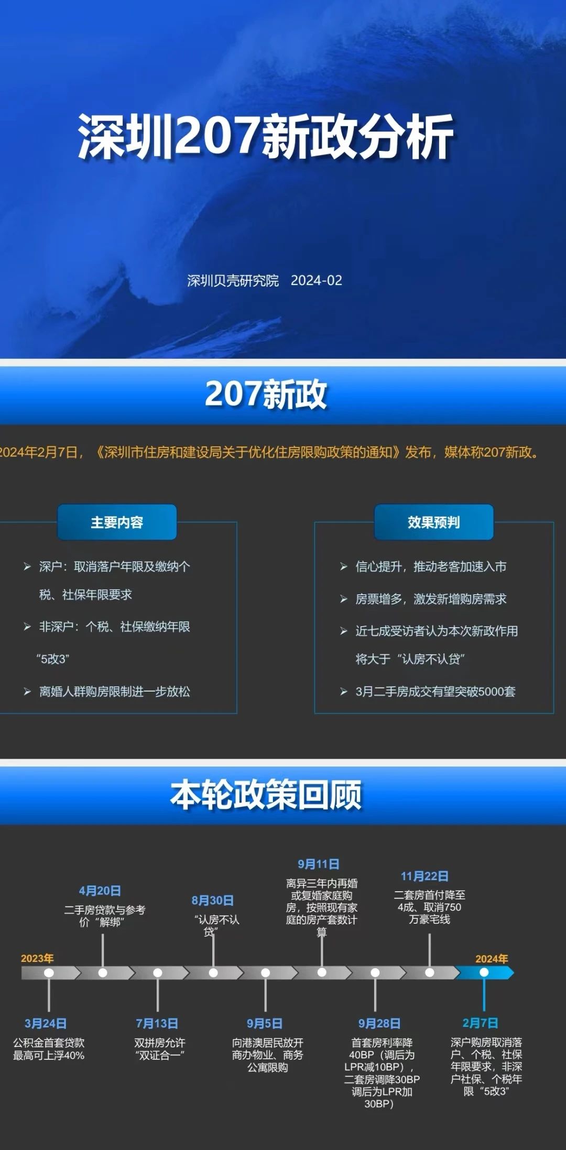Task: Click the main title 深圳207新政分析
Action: click(x=266, y=136)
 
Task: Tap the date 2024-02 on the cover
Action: click(x=317, y=281)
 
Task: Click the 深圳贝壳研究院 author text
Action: click(x=233, y=281)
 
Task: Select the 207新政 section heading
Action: click(x=266, y=394)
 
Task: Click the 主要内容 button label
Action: click(x=117, y=522)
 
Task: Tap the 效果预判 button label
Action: click(x=433, y=522)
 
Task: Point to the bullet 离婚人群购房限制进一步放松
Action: click(x=114, y=692)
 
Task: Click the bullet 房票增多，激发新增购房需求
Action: click(x=431, y=599)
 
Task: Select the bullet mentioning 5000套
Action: click(x=436, y=692)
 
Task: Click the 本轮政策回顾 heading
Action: click(x=266, y=794)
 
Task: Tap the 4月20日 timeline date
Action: click(x=100, y=891)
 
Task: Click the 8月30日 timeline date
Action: click(x=212, y=901)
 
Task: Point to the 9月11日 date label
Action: click(x=319, y=864)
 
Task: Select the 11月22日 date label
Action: click(x=424, y=876)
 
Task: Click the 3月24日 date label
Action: click(x=46, y=1023)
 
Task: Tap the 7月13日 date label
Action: click(x=157, y=1023)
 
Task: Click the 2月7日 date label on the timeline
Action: click(x=480, y=1023)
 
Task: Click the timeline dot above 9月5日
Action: click(x=266, y=972)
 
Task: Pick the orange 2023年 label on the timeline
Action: click(x=37, y=958)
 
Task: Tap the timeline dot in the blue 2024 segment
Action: click(x=484, y=972)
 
